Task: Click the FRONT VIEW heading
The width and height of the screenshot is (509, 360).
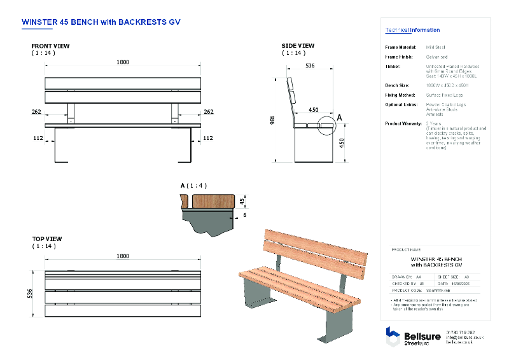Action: (51, 46)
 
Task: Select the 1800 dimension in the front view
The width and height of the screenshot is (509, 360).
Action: (123, 62)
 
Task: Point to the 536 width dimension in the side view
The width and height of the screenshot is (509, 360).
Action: (310, 66)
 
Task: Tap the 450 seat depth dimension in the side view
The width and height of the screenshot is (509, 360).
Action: (314, 109)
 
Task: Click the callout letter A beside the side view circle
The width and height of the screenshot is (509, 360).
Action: (340, 118)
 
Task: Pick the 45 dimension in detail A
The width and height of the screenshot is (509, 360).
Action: (242, 202)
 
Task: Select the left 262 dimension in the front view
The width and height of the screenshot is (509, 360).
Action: (36, 112)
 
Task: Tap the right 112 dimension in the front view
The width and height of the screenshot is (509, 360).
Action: (208, 137)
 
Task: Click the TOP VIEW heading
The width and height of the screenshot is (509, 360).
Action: (47, 239)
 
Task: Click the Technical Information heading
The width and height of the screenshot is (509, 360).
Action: (412, 30)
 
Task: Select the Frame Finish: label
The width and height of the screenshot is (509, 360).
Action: (401, 57)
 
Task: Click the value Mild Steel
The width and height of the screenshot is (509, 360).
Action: (435, 48)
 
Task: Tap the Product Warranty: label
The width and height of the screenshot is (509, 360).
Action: (403, 123)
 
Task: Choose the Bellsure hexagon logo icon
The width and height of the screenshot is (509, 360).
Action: (393, 336)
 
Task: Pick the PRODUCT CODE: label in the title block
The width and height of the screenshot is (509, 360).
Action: (407, 290)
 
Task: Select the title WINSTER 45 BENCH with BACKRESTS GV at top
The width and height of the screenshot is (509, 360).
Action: (101, 21)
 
